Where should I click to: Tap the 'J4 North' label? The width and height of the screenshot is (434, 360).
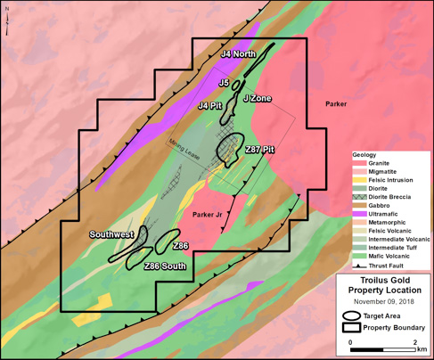click(238, 54)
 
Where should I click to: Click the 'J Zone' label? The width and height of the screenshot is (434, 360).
click(257, 97)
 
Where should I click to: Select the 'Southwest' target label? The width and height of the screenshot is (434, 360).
click(111, 234)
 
